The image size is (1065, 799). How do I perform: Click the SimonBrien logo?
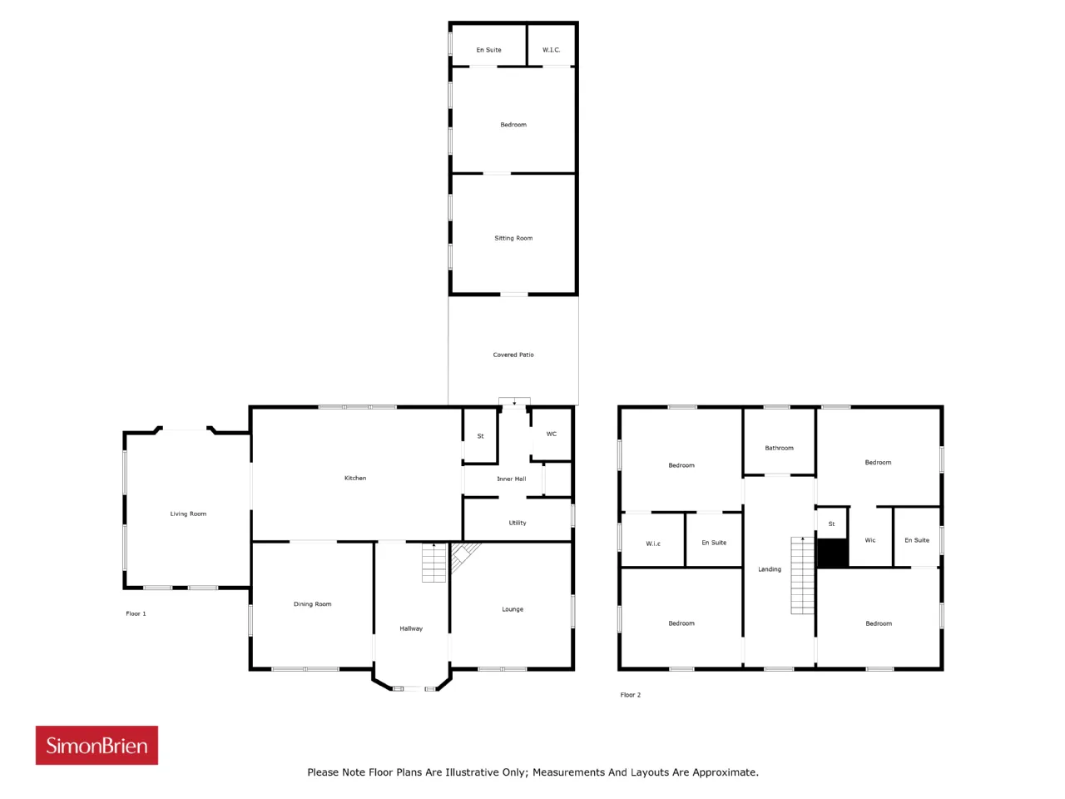97,745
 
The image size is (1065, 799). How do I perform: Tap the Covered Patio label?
513,355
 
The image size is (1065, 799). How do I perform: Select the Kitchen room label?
355,478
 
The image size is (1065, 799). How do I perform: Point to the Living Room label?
188,514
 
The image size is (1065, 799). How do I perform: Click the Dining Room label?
313,604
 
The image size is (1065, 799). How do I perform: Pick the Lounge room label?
513,609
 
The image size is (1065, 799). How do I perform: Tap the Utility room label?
518,523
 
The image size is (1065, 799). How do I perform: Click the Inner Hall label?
512,479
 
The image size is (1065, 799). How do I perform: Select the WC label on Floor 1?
551,434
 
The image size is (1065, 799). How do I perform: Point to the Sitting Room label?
513,238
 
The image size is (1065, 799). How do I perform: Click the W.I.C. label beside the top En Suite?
551,50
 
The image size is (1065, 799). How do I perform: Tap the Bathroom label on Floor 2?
780,448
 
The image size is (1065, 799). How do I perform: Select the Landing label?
770,569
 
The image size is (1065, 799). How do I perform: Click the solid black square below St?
833,553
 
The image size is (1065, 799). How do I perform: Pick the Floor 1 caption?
136,613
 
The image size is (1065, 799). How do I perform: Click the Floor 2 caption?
631,695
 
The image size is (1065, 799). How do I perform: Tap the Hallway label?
411,628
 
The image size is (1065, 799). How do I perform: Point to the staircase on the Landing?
802,575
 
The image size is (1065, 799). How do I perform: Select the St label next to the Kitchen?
480,436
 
